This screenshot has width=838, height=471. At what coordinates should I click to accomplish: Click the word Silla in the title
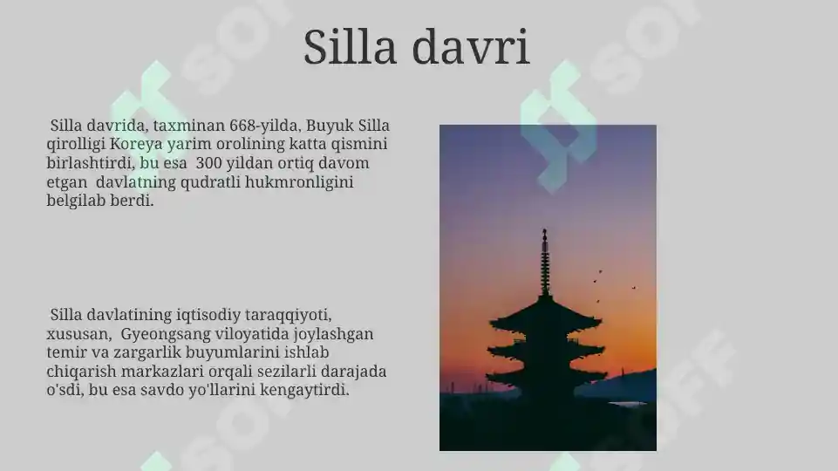click(x=351, y=47)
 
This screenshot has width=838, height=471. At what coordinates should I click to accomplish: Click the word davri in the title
click(x=471, y=47)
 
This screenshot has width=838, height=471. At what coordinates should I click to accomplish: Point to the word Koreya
click(x=136, y=144)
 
